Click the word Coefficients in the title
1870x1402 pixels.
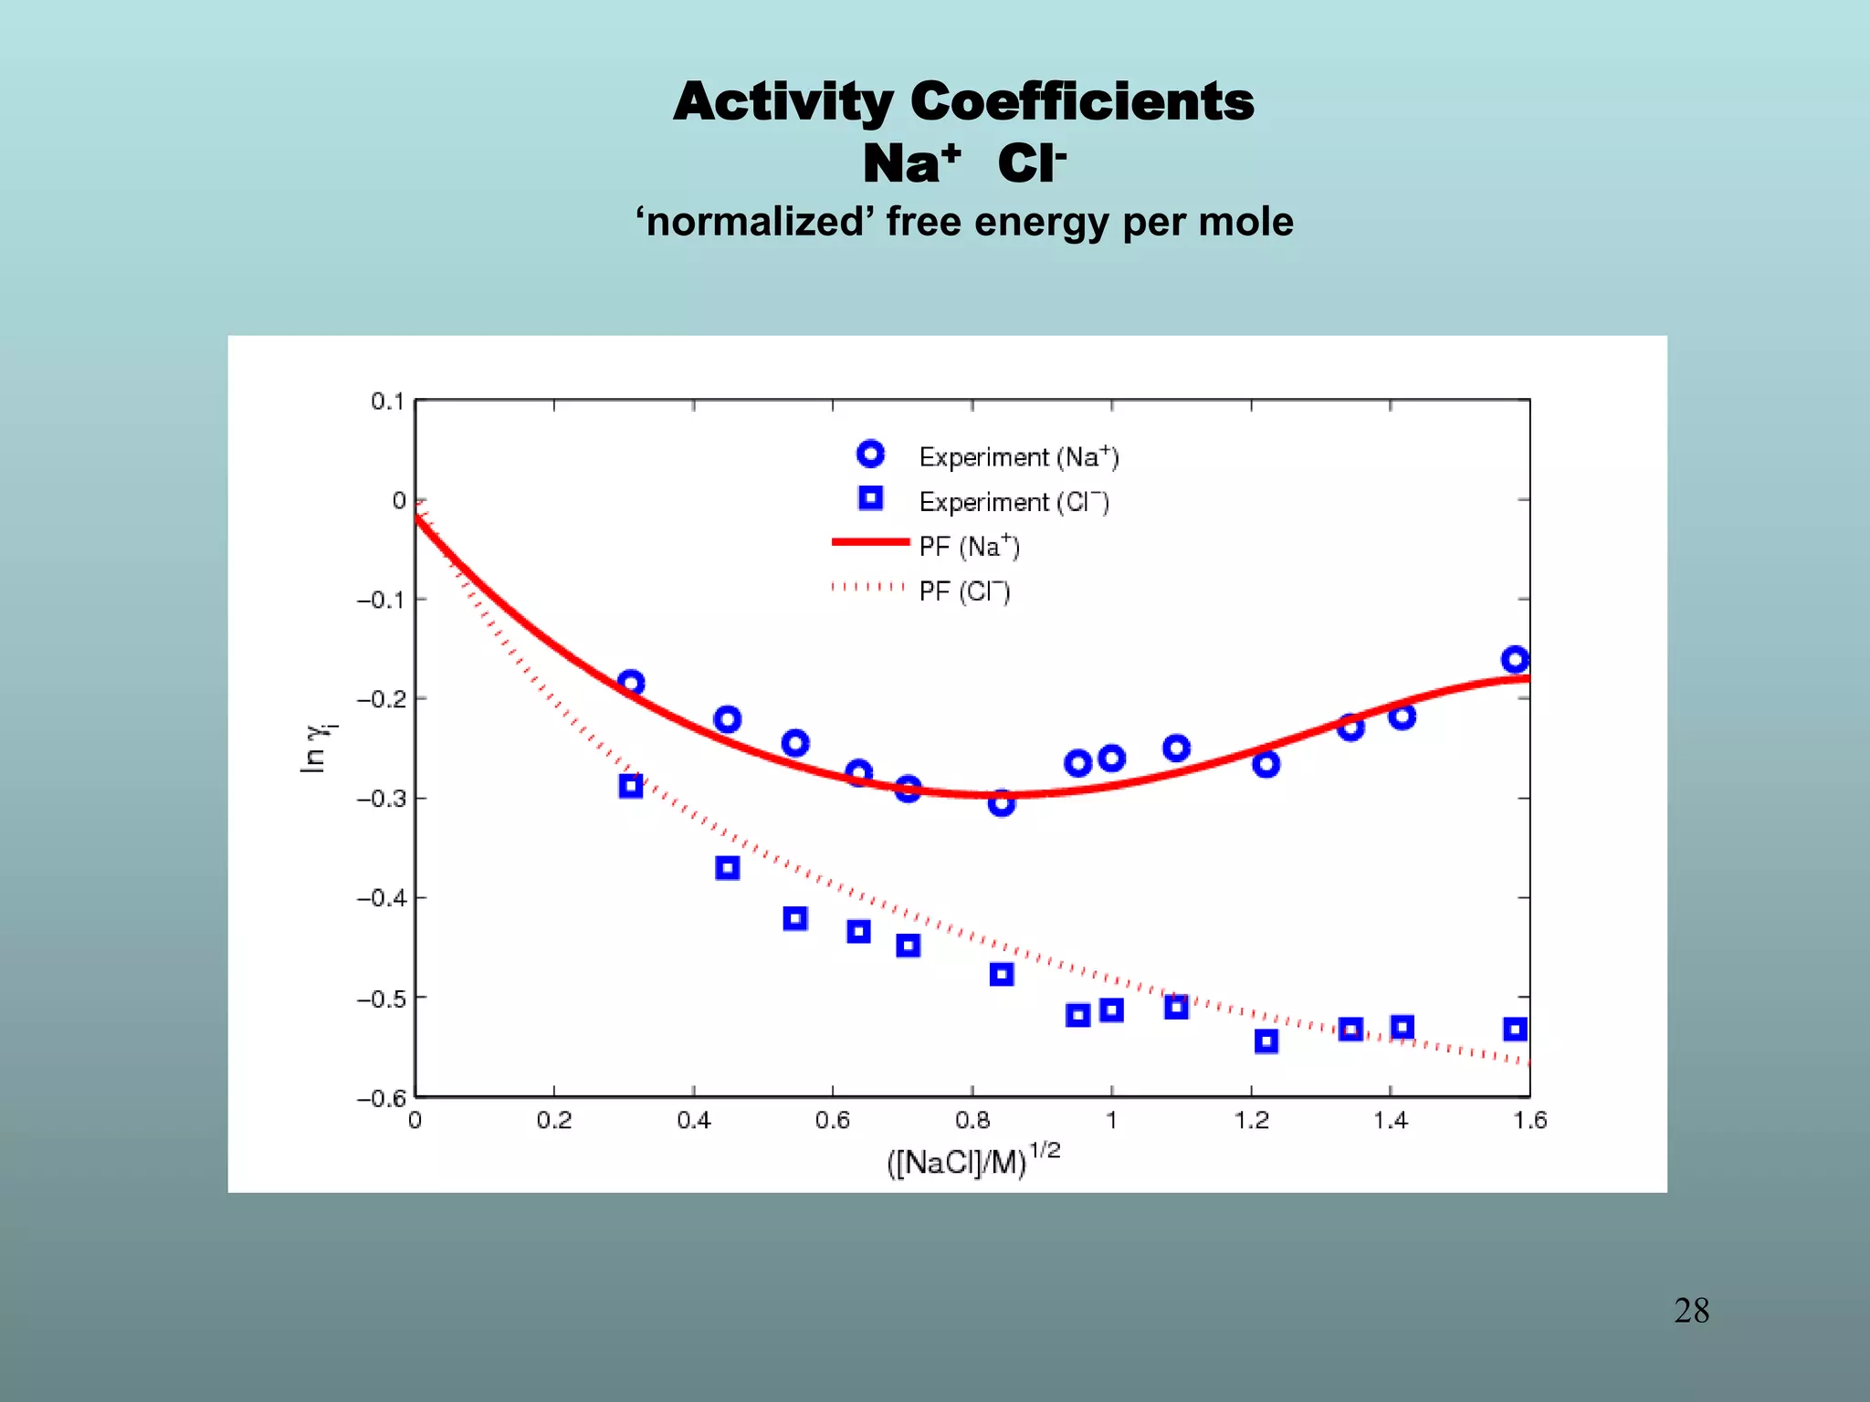(1082, 101)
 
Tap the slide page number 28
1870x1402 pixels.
(1691, 1311)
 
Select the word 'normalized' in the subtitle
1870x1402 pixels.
(754, 222)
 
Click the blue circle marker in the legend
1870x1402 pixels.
(870, 454)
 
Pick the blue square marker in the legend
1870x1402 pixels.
(870, 498)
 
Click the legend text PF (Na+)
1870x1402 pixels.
(969, 546)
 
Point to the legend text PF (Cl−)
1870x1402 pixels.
(964, 591)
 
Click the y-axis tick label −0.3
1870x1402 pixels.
(380, 799)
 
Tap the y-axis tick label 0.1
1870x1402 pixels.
(387, 402)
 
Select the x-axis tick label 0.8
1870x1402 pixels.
(972, 1121)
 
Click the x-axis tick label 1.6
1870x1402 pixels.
(1529, 1121)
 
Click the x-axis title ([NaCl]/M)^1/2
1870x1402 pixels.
(973, 1161)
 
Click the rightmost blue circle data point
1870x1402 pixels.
(1515, 659)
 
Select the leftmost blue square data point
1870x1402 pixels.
(630, 786)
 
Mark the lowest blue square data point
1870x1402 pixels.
(1266, 1041)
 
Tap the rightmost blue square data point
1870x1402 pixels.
(1515, 1030)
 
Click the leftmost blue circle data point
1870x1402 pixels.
(630, 683)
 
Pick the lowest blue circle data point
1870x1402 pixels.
(1001, 803)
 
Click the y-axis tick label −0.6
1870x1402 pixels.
(380, 1098)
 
